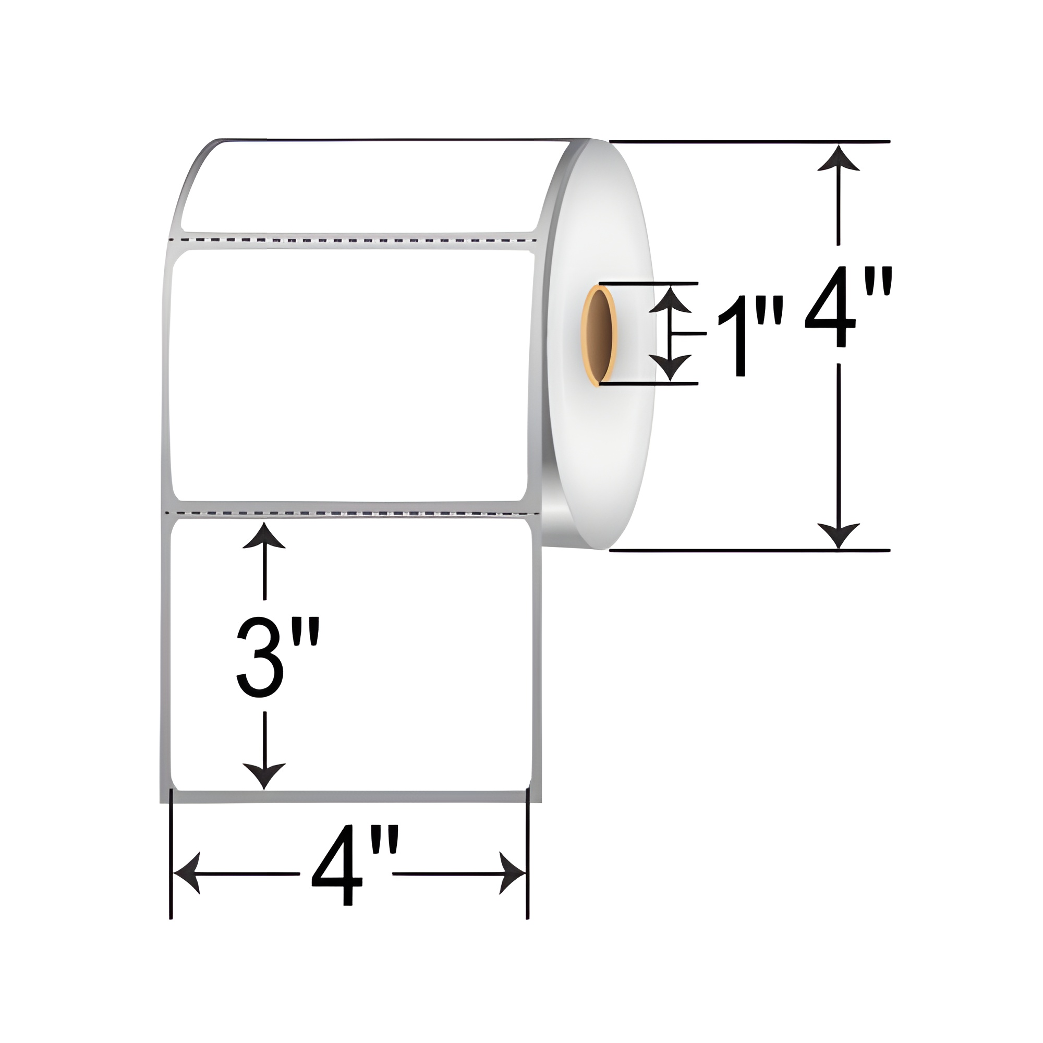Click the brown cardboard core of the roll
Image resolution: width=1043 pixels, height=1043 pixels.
(600, 337)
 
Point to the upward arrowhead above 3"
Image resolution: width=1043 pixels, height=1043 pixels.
(264, 536)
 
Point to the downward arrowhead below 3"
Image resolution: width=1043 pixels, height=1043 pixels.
(264, 776)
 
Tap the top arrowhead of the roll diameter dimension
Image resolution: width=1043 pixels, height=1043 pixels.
(839, 159)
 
